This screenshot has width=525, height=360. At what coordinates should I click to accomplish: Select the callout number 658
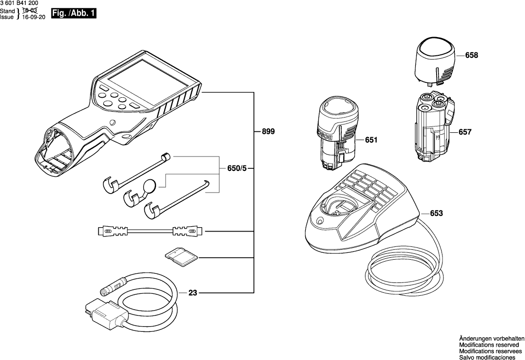472,56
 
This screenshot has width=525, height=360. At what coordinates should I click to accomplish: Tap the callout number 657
465,132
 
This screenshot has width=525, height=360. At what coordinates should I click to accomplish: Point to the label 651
371,140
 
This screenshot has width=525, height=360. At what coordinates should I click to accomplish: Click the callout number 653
436,213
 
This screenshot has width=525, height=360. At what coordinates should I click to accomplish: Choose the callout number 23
193,293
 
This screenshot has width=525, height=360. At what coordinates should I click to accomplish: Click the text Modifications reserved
488,345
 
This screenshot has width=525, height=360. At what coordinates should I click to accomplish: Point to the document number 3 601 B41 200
20,3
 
